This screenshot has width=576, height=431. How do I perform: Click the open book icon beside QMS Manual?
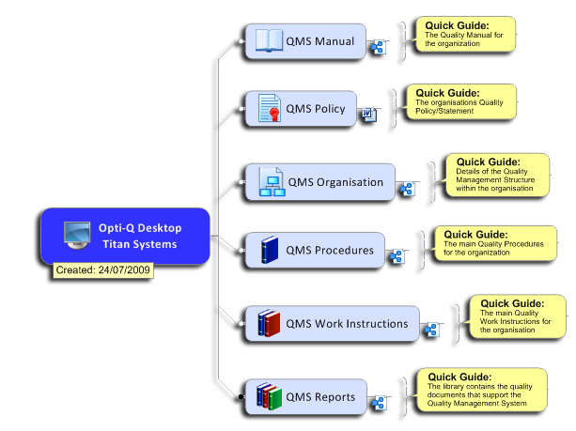point(269,40)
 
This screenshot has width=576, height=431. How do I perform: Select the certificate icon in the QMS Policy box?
point(270,108)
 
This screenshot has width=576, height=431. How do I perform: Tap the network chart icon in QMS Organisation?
point(272,181)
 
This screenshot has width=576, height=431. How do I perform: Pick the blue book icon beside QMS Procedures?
point(270,250)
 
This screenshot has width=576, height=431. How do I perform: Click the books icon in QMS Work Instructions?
point(269,323)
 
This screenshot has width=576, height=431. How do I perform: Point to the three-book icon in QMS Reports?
point(269,396)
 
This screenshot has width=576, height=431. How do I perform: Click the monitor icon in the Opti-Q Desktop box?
point(77,236)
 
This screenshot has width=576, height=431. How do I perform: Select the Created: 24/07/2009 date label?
point(102,270)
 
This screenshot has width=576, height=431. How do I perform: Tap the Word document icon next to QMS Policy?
point(369,115)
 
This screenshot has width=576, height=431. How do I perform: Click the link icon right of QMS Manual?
point(378,47)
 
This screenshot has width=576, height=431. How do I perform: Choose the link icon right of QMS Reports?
point(379,403)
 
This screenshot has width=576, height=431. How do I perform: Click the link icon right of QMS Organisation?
point(407,189)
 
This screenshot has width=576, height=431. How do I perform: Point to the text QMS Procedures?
point(330,250)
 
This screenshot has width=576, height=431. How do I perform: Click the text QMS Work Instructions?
point(347,323)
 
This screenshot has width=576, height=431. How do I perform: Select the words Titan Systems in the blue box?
point(140,244)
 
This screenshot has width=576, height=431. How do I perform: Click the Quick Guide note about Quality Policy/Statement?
point(461,101)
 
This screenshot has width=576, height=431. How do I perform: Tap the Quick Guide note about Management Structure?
point(497,175)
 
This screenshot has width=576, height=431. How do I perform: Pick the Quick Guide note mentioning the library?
point(482,390)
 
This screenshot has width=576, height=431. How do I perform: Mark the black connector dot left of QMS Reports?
point(241,396)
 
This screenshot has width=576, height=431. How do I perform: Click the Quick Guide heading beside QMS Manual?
point(457,25)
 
